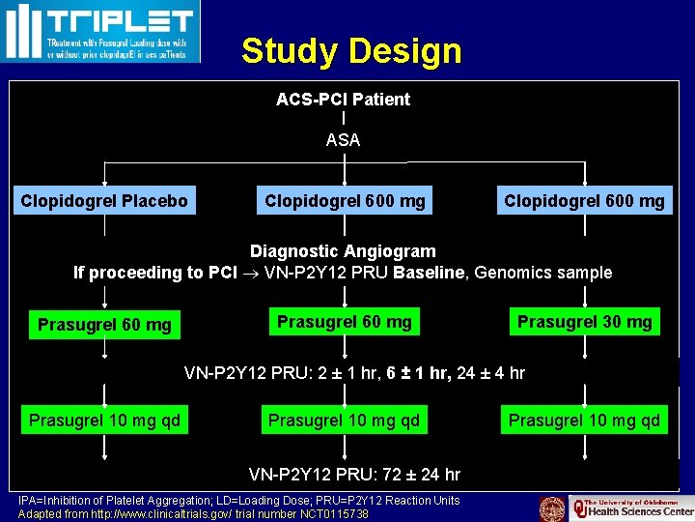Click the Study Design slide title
351,50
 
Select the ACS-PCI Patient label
343,99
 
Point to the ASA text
343,140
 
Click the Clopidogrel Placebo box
104,201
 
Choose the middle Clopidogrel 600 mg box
345,201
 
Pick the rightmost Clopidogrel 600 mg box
584,201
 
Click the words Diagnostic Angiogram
343,251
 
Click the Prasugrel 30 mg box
584,322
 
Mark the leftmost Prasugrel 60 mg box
104,325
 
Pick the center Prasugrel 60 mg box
344,322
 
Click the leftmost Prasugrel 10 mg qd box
104,420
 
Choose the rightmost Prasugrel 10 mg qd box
584,420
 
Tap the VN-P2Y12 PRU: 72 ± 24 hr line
354,475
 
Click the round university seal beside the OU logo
552,508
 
